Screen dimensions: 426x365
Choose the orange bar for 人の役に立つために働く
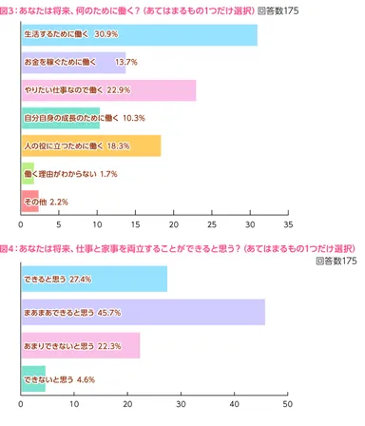(90, 145)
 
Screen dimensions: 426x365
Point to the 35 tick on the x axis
(287, 224)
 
